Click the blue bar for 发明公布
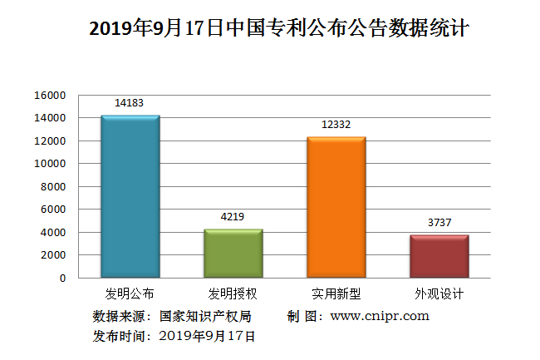tap(130, 196)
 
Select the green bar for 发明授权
tap(233, 253)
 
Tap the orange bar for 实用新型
tap(336, 207)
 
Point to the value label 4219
tap(233, 217)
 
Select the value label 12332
tap(336, 125)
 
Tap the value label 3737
tap(439, 223)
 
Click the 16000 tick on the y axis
tap(50, 96)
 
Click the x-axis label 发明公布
tap(130, 294)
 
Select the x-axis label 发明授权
tap(233, 294)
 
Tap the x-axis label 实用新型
tap(336, 294)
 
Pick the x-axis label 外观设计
tap(439, 294)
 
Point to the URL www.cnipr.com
tap(380, 316)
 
